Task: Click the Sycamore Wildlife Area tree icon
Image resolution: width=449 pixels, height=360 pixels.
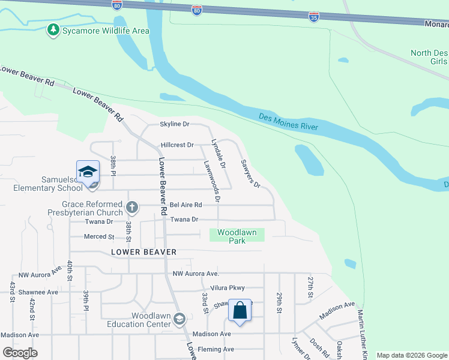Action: (54, 29)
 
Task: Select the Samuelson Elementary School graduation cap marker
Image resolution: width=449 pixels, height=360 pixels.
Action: (88, 172)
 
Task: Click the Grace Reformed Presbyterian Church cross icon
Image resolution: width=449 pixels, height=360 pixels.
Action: (132, 208)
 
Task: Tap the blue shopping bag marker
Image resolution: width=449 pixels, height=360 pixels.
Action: (240, 311)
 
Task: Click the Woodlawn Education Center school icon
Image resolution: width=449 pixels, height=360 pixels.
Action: (179, 319)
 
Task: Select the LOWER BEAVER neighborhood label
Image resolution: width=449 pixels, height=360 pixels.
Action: (144, 252)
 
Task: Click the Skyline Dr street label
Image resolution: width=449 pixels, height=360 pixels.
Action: (174, 124)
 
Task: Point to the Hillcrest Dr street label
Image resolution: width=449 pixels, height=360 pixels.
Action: (177, 145)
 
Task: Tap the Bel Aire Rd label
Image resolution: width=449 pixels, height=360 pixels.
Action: (185, 205)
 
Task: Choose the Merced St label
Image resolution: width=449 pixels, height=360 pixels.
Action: (100, 237)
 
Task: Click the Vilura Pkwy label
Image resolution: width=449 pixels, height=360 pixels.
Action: (228, 288)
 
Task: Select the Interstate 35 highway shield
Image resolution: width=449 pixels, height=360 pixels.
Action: (314, 17)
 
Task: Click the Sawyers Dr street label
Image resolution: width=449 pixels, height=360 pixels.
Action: (250, 173)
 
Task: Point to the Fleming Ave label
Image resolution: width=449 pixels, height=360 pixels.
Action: (220, 349)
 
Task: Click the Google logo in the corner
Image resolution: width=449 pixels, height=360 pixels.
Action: (20, 353)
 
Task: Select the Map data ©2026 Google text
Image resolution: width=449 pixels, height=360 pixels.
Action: (412, 355)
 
